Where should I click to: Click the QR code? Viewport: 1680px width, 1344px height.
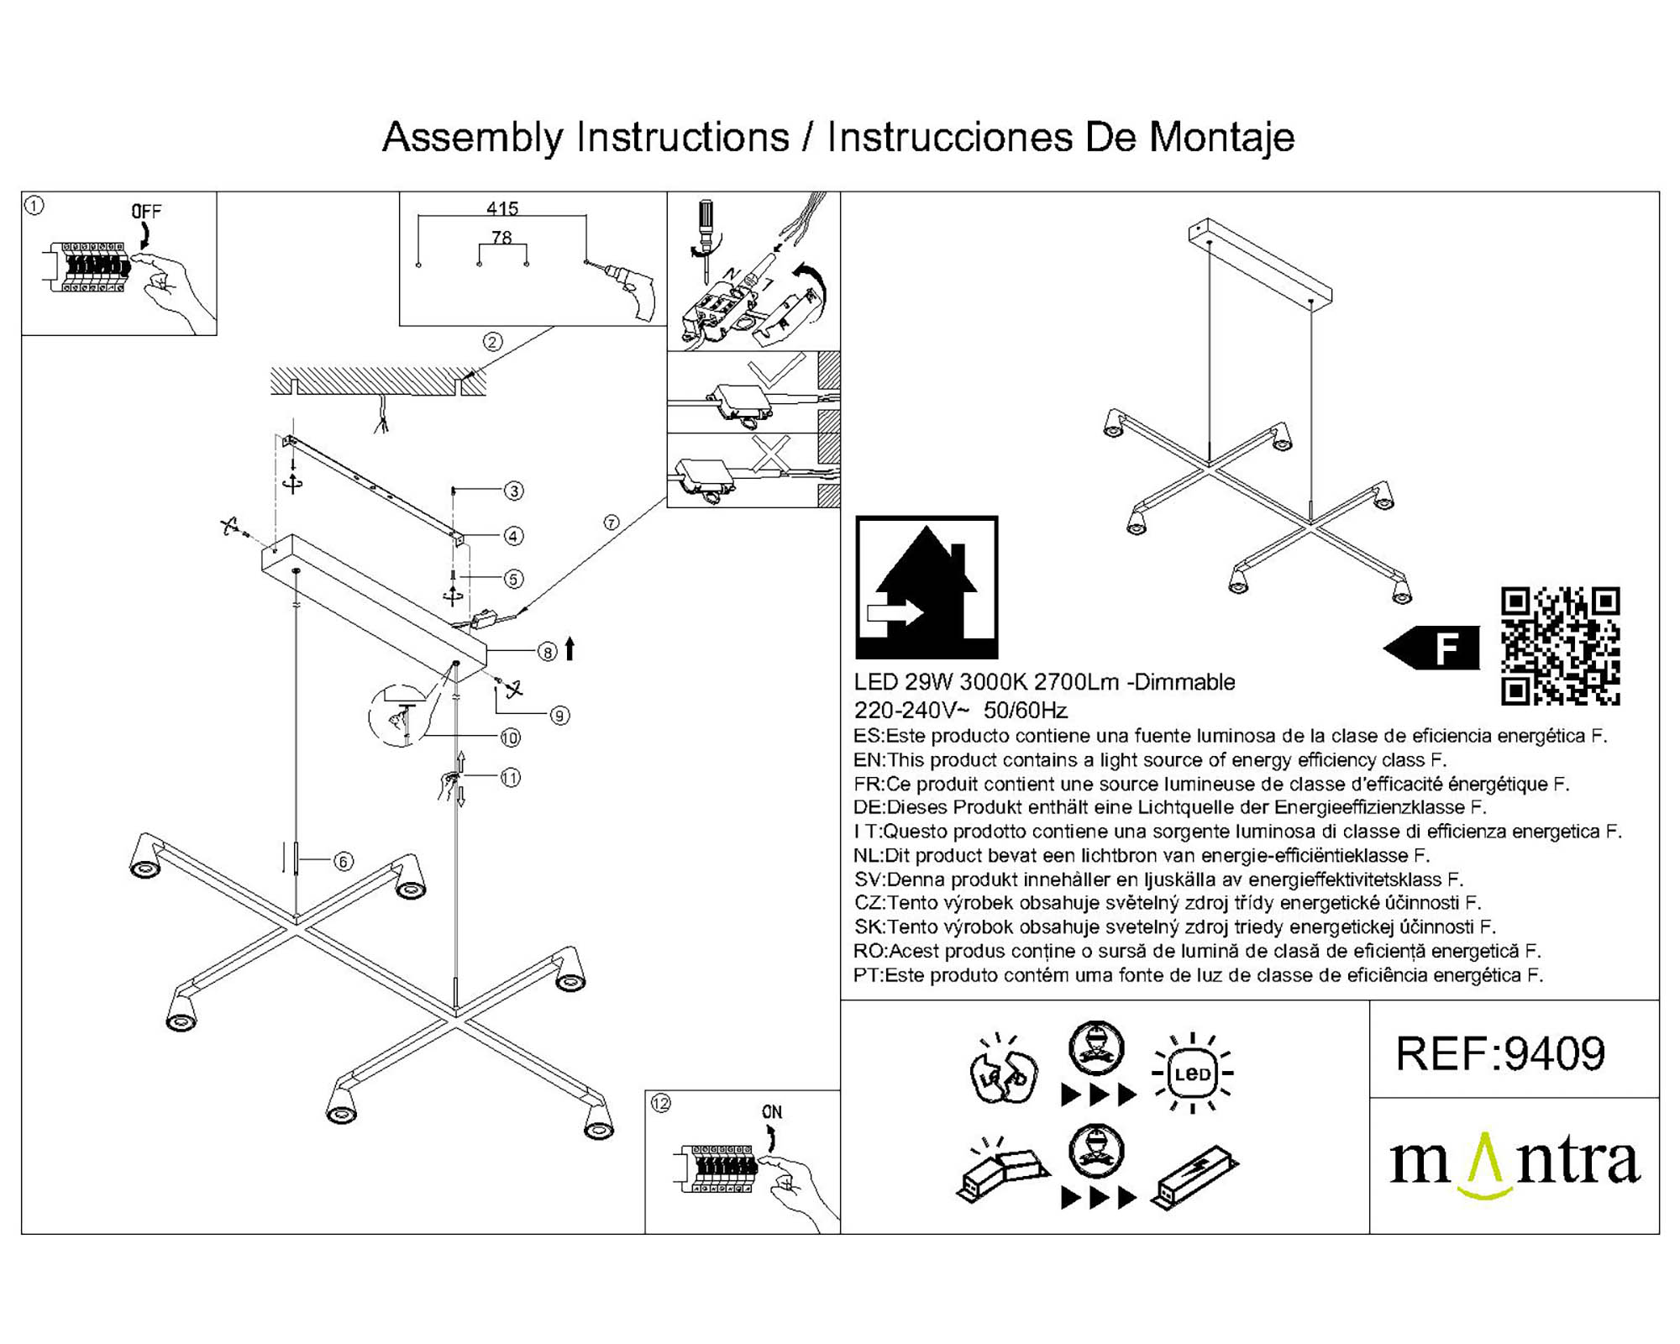coord(1560,645)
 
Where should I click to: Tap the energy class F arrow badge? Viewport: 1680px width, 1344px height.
coord(1432,648)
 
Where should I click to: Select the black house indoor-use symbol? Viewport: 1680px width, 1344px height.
coord(927,587)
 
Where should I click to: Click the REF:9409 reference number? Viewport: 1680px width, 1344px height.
coord(1500,1053)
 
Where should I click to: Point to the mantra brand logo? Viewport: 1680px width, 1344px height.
coord(1514,1163)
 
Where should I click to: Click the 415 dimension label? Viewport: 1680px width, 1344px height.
coord(502,208)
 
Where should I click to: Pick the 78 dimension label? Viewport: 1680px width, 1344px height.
coord(501,238)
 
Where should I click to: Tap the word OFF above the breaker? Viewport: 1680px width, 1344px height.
coord(146,212)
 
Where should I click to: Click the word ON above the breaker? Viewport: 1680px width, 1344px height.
coord(772,1111)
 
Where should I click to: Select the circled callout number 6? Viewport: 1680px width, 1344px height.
coord(343,861)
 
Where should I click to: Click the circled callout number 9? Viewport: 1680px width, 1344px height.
coord(560,716)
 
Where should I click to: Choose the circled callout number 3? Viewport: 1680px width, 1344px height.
coord(514,491)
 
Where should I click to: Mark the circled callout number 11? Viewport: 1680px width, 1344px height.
coord(511,778)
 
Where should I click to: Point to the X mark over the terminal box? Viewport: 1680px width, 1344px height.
coord(771,454)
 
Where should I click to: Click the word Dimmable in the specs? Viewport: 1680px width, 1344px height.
coord(1184,682)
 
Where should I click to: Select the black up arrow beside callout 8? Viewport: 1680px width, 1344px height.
coord(570,648)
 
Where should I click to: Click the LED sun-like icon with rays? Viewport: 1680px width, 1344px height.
coord(1193,1074)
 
